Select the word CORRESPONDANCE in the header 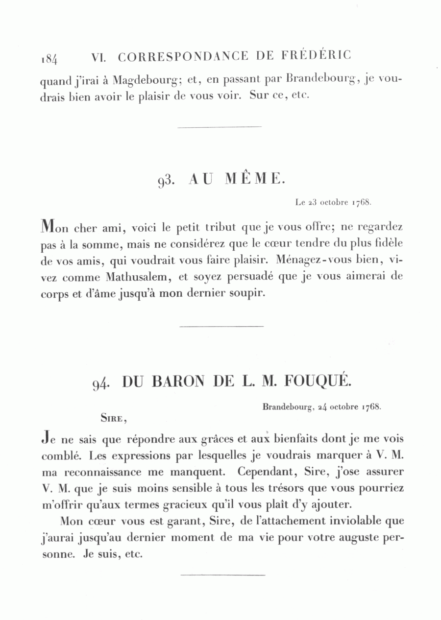click(183, 56)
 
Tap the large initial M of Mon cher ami click(47, 225)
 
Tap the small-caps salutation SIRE click(114, 418)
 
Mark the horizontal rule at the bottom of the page click(223, 574)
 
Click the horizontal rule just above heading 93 click(220, 127)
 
